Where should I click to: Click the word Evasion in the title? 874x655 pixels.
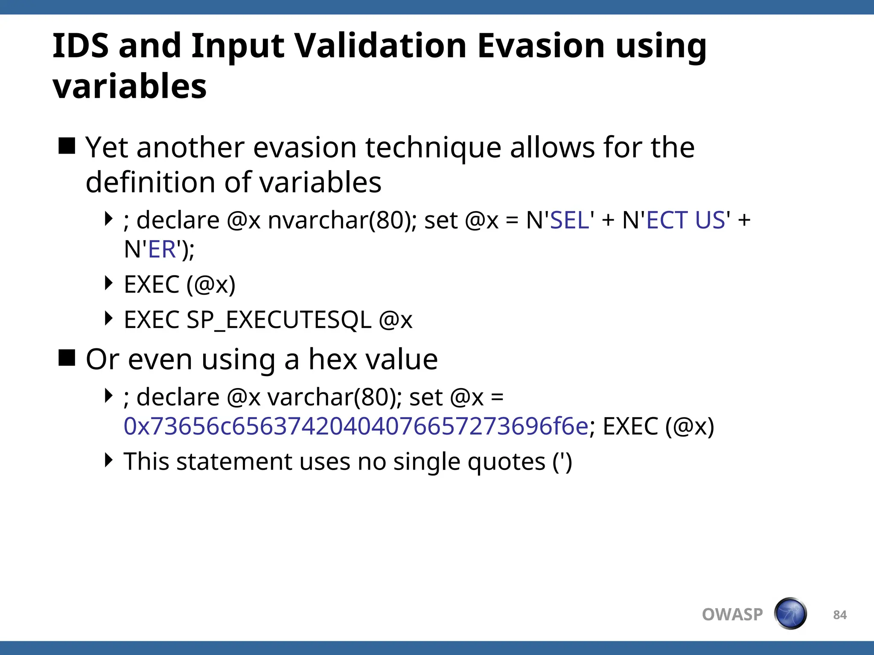540,46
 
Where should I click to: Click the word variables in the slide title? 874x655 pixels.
130,86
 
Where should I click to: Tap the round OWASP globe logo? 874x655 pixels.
790,614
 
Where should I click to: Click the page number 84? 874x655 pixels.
840,614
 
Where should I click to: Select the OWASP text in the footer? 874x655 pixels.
732,614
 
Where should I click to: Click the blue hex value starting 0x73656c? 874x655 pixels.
356,426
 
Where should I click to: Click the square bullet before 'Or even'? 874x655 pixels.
67,358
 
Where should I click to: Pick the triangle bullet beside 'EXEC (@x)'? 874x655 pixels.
109,283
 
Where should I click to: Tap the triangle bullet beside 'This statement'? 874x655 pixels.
109,460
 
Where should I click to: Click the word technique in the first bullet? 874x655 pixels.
433,148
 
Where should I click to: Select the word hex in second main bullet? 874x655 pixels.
332,359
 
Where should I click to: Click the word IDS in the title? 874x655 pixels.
81,46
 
